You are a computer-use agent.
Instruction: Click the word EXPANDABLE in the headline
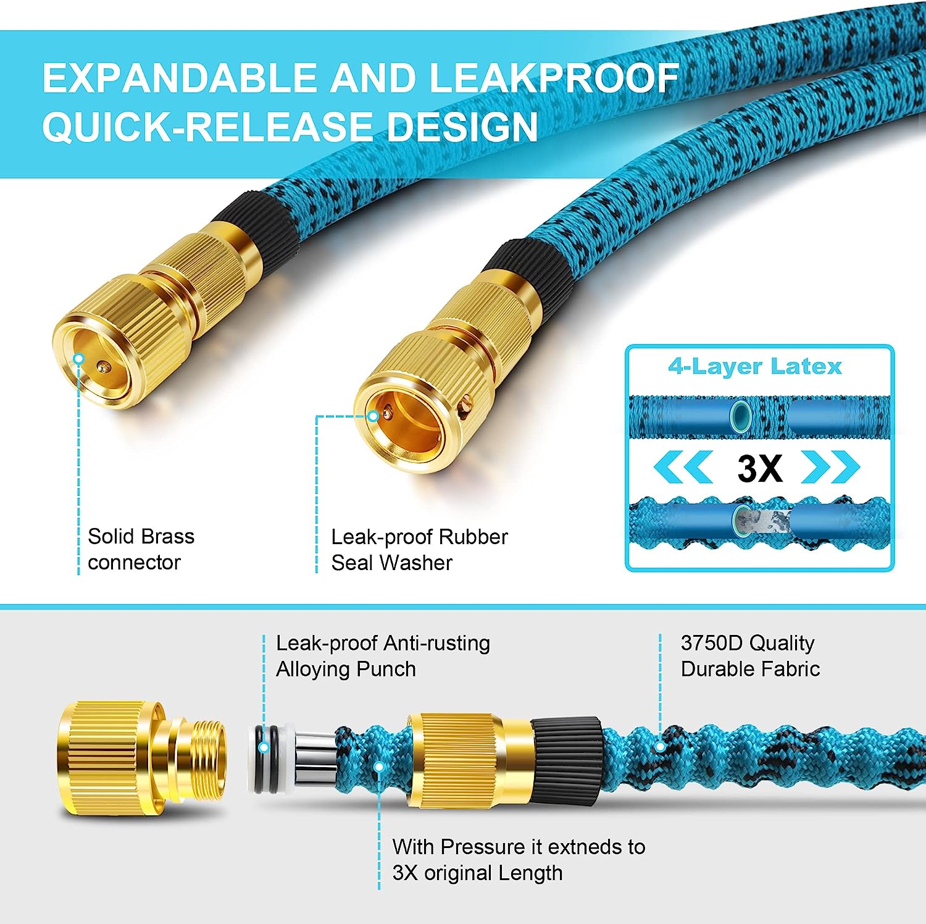[x=180, y=78]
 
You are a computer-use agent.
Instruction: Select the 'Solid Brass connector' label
[x=141, y=549]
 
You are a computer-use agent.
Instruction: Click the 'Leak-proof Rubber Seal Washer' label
[x=419, y=550]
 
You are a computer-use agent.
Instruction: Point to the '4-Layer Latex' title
[x=755, y=366]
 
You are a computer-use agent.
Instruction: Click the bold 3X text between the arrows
[x=760, y=468]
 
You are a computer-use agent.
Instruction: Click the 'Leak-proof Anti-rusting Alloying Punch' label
[x=383, y=656]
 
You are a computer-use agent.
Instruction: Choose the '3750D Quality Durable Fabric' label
[x=750, y=656]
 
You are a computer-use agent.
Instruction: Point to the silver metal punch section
[x=314, y=758]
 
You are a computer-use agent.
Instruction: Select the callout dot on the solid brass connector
[x=78, y=359]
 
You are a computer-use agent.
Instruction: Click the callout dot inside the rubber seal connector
[x=373, y=416]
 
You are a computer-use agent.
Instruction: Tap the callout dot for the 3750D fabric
[x=660, y=746]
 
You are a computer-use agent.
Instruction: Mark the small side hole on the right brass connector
[x=465, y=406]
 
